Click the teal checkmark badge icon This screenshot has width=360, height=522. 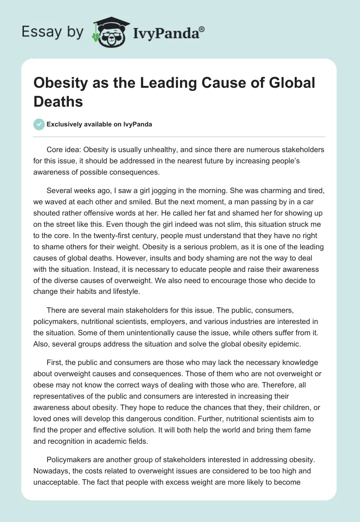point(40,124)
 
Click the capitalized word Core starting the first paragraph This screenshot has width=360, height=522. point(55,149)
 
